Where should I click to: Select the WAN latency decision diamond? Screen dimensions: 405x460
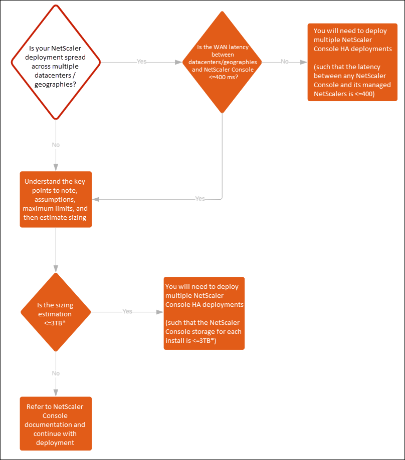click(x=222, y=62)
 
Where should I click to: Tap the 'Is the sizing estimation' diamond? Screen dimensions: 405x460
click(x=56, y=312)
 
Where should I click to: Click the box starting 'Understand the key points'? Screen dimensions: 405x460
click(x=56, y=200)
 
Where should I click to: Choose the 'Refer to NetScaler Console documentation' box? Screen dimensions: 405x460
click(x=56, y=423)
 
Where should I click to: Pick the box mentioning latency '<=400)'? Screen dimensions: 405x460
click(x=352, y=62)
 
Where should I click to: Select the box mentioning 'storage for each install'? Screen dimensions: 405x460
click(x=204, y=313)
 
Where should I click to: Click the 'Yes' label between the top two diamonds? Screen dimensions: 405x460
click(x=141, y=61)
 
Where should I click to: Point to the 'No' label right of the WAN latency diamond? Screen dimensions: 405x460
click(x=285, y=61)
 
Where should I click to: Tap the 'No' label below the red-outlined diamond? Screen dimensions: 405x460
click(x=56, y=145)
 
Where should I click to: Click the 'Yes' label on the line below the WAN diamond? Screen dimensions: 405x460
click(x=200, y=199)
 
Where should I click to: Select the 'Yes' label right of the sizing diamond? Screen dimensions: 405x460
click(x=127, y=311)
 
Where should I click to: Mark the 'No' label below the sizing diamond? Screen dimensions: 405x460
click(x=56, y=373)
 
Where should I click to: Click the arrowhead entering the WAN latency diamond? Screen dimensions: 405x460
click(x=178, y=62)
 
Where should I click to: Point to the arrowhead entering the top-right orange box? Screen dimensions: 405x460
click(x=304, y=62)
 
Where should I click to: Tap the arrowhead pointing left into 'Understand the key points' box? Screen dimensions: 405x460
click(x=96, y=200)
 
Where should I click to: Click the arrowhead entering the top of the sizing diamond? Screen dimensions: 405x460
click(x=56, y=269)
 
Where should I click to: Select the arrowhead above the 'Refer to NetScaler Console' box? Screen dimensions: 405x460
click(x=56, y=393)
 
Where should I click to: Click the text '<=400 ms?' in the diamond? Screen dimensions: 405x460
click(x=224, y=77)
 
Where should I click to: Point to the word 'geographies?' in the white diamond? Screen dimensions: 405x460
click(x=55, y=85)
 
